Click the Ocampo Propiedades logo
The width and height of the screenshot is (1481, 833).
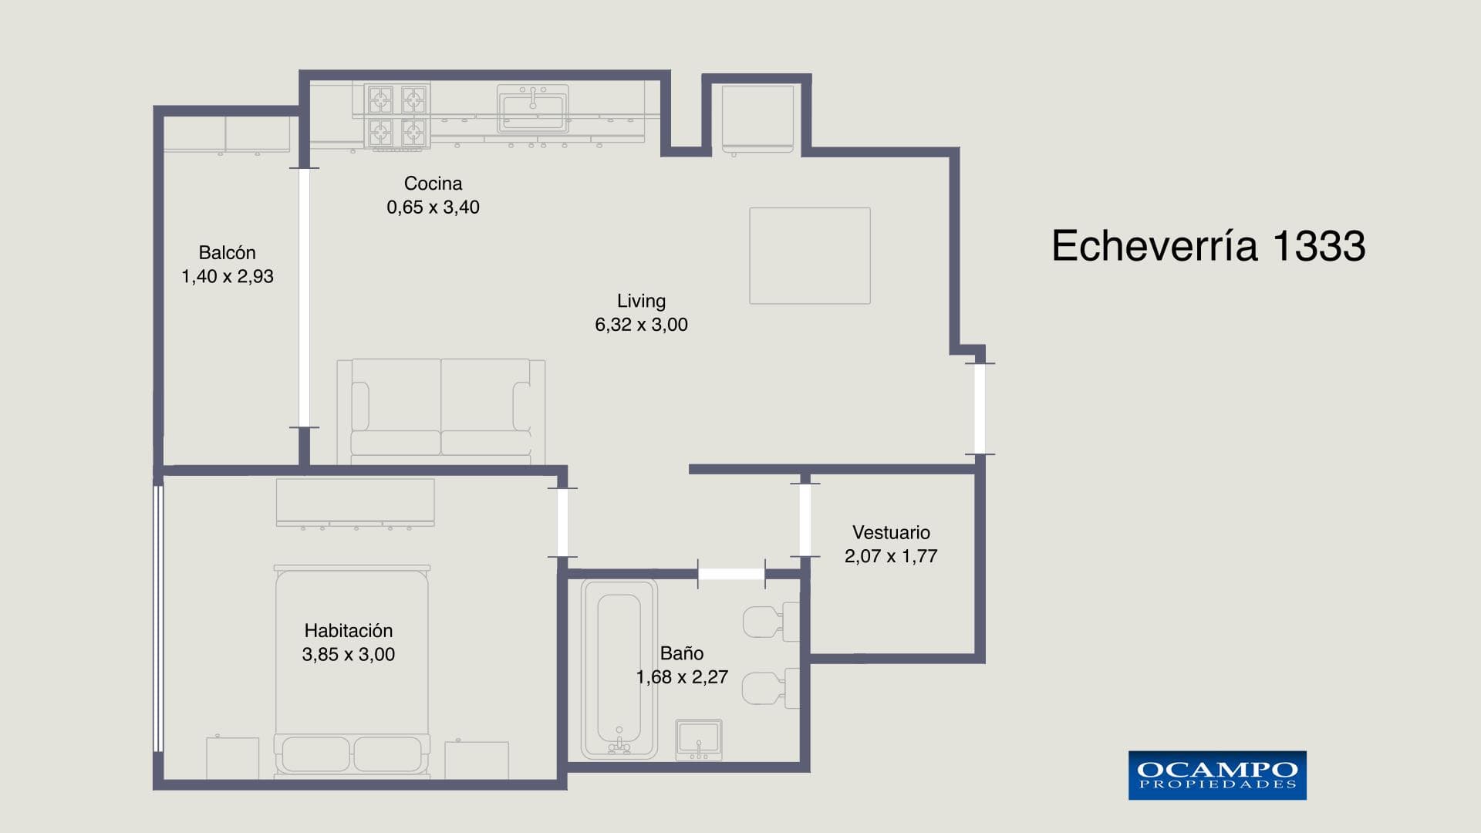(1217, 775)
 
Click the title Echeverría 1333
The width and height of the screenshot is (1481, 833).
(1209, 246)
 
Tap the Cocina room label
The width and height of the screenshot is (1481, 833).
(433, 184)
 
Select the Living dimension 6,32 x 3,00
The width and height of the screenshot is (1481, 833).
(641, 325)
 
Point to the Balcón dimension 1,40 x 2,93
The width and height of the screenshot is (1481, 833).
(228, 276)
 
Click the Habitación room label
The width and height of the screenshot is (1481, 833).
(349, 631)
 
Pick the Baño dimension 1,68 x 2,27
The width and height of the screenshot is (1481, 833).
(682, 677)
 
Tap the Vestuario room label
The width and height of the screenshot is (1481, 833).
(891, 532)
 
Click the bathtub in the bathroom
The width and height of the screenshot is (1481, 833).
(619, 669)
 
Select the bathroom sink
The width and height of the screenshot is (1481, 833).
(699, 740)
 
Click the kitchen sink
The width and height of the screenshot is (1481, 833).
(533, 108)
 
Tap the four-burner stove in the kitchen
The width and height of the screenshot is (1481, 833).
(397, 116)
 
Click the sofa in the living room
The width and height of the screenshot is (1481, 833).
(441, 412)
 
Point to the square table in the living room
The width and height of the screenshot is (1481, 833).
(810, 255)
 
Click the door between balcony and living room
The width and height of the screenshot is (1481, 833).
(304, 298)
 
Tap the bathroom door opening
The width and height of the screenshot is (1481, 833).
(731, 574)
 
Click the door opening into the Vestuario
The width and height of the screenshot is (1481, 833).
(805, 519)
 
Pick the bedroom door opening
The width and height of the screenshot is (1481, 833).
(562, 522)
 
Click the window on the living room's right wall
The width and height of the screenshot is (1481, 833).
(980, 409)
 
